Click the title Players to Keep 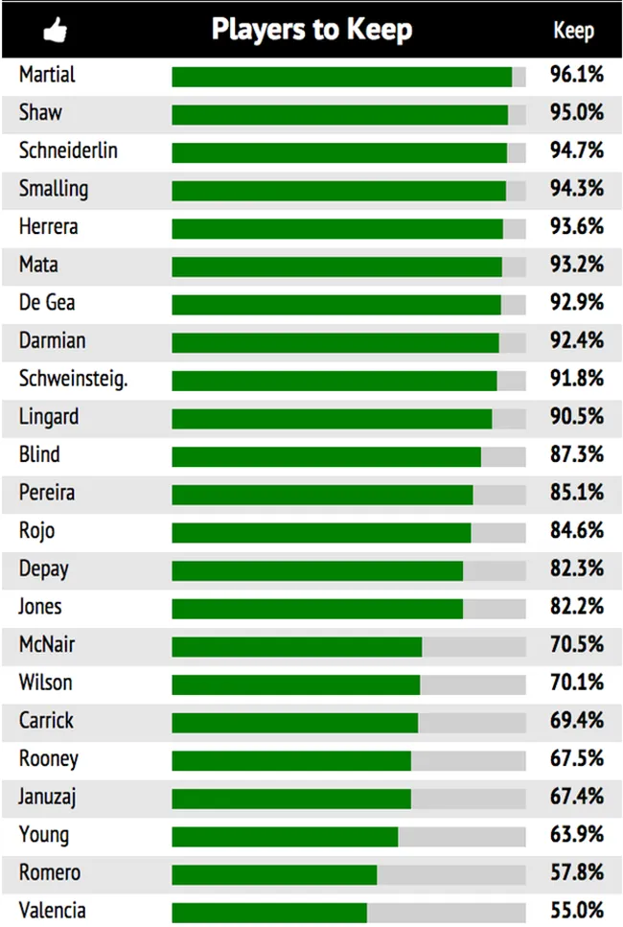311,30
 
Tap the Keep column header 573,31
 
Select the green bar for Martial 342,77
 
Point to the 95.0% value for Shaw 577,113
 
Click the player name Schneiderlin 68,151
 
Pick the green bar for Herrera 337,229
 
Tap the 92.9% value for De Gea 577,303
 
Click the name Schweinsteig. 73,379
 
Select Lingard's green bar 332,419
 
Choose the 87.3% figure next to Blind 577,454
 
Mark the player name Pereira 46,493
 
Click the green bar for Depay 317,570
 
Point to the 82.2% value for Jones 577,607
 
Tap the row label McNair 46,644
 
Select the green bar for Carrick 295,722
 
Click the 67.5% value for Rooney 577,758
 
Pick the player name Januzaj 48,797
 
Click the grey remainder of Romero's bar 450,874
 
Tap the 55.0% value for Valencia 577,911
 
